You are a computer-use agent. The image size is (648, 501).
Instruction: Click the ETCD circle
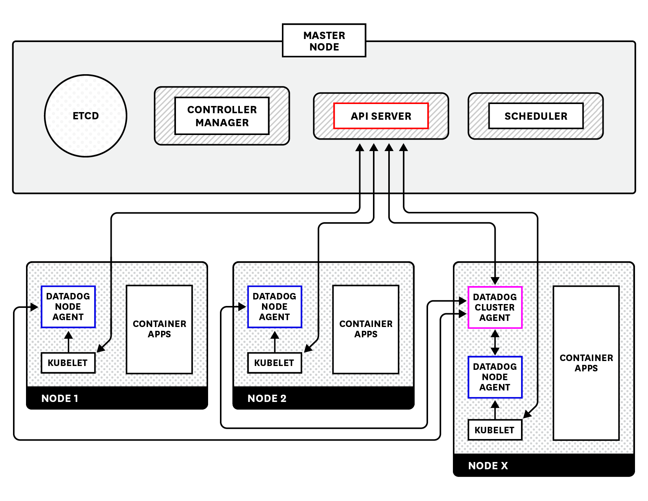click(86, 115)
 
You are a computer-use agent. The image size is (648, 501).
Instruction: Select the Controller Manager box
click(222, 116)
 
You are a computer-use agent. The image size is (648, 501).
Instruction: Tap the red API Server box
click(381, 116)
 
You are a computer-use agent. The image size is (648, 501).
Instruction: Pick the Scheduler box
click(536, 116)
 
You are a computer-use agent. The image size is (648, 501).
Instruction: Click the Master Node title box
click(324, 41)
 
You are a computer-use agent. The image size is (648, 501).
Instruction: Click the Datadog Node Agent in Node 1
click(68, 307)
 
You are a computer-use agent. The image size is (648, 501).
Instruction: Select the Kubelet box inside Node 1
click(68, 363)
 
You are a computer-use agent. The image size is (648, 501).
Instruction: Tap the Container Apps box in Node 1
click(159, 329)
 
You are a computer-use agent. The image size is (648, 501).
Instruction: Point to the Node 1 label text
click(60, 398)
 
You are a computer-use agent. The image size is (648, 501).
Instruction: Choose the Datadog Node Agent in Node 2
click(274, 307)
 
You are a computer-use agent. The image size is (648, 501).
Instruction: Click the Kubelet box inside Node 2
click(274, 363)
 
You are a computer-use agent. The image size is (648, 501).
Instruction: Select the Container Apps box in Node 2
click(366, 329)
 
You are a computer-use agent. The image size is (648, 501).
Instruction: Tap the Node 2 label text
click(267, 398)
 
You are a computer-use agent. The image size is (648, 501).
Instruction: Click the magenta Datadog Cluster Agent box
click(495, 307)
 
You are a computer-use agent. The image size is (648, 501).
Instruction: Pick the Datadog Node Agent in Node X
click(495, 377)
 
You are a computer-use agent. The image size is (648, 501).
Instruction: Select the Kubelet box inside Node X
click(495, 430)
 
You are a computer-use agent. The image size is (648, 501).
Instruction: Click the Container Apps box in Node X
click(586, 363)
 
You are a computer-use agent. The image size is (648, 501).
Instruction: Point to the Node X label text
click(488, 465)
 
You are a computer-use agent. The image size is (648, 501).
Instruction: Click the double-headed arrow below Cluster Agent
click(495, 342)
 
